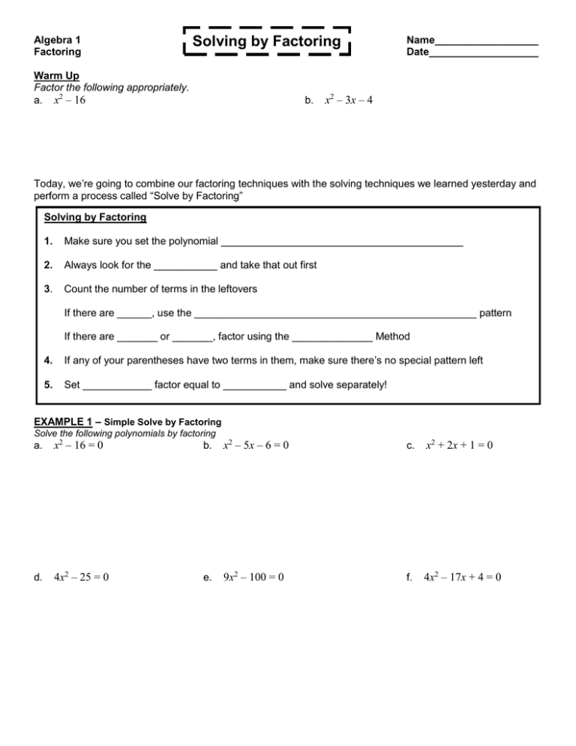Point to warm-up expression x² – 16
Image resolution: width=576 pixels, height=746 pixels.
tap(69, 100)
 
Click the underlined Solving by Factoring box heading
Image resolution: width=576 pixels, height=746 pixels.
tap(95, 218)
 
